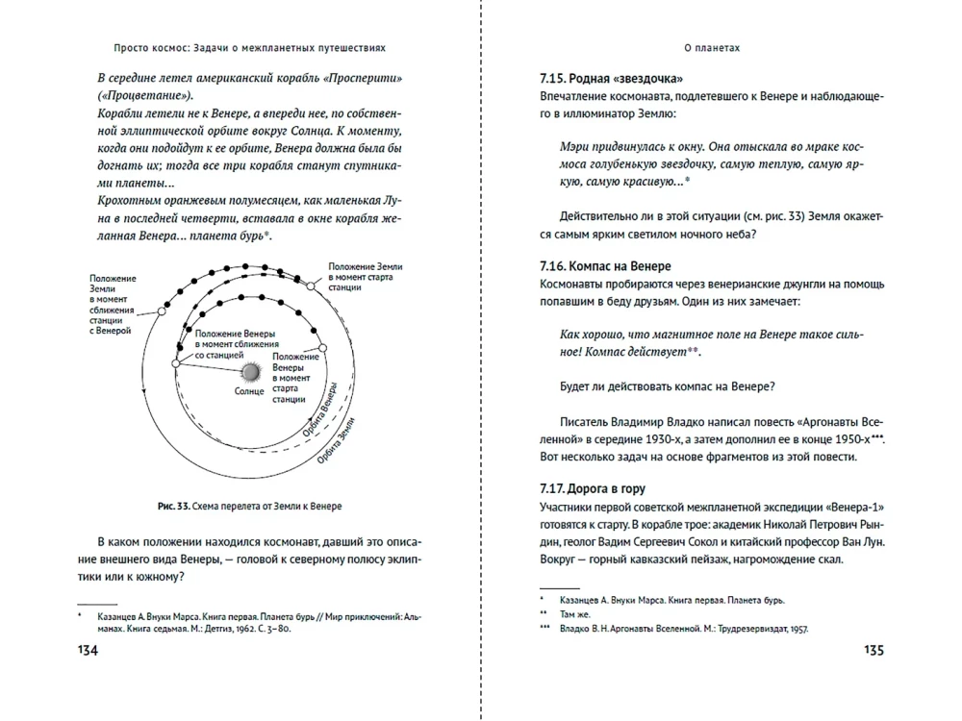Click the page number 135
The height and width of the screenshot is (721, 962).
click(x=873, y=651)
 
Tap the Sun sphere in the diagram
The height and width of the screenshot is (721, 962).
click(x=249, y=371)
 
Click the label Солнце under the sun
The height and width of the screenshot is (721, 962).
click(x=249, y=392)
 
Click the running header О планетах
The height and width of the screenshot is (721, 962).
click(x=711, y=45)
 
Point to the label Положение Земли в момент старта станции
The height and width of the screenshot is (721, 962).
click(x=358, y=276)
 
